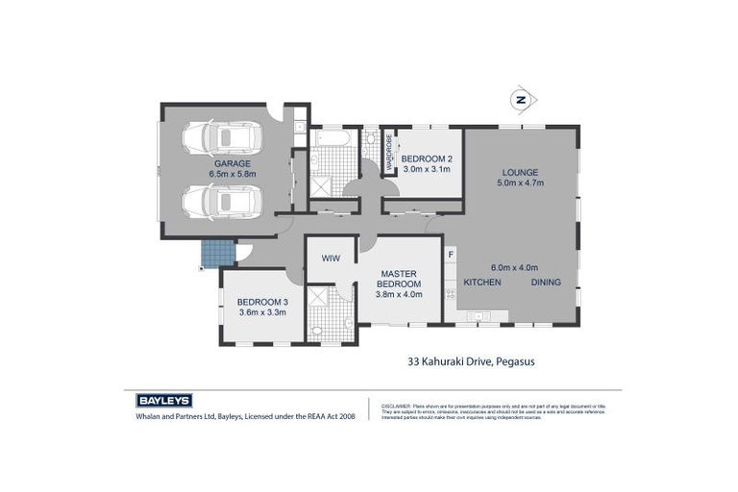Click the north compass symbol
[x=521, y=99]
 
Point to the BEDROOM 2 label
[x=427, y=159]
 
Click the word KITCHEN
[x=483, y=282]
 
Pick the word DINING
[x=546, y=282]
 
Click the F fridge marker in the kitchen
[x=450, y=254]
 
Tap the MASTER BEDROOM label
[x=398, y=278]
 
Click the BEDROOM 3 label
[x=261, y=301]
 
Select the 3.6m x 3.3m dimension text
[x=261, y=312]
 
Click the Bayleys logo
[x=159, y=401]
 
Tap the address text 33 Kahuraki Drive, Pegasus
[x=465, y=361]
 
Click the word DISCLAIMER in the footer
[x=397, y=406]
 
